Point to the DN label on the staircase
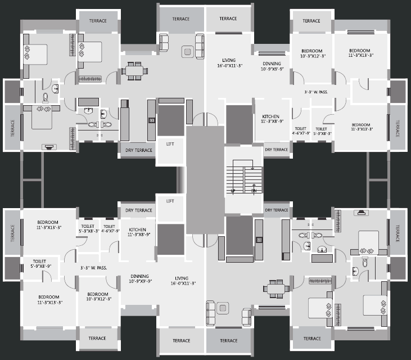254,191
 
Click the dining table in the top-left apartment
134,71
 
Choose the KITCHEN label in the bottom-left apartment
138,232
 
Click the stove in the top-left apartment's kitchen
151,120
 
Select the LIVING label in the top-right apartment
228,62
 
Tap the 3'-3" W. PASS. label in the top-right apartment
316,92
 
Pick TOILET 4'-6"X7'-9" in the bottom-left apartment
109,228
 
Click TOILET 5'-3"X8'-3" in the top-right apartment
323,130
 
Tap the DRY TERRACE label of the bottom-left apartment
138,210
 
